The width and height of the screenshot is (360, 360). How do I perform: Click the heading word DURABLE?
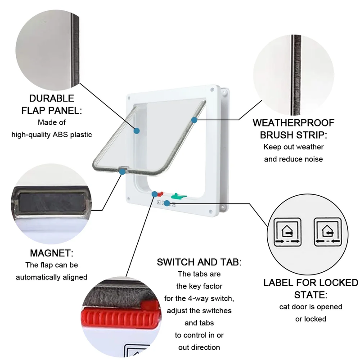point(52,98)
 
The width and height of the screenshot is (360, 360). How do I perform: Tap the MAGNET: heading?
point(52,253)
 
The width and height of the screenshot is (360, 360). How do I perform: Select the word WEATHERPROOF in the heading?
point(293,123)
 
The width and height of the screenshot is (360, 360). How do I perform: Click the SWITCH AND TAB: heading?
point(199,262)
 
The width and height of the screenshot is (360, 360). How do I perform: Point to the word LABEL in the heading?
point(278,283)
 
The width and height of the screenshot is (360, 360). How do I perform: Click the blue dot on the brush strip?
point(194,120)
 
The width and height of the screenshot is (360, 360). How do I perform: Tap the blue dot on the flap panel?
point(137,131)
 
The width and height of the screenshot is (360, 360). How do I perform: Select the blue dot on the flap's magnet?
point(122,172)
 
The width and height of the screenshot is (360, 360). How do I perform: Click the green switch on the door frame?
point(179,196)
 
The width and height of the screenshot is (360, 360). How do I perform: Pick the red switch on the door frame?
point(160,194)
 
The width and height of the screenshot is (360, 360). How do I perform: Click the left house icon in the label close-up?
point(288,232)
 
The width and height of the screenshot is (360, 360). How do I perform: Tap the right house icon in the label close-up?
point(328,232)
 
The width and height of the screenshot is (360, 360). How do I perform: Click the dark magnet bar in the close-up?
point(52,202)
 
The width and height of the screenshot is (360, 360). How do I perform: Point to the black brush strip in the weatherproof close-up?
point(296,75)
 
